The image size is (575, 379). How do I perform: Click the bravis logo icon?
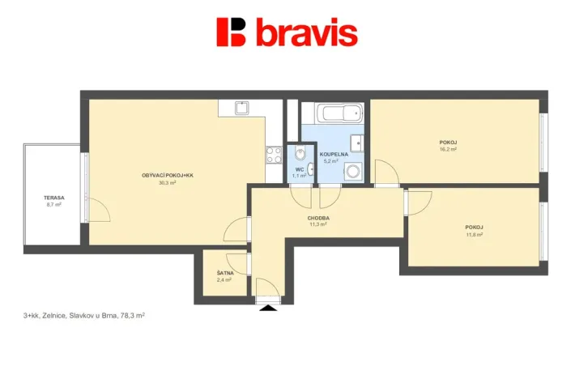[231, 32]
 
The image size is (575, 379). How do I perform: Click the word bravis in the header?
[306, 32]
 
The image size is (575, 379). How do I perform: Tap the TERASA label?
[54, 198]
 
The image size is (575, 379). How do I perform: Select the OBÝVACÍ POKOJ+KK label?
[168, 176]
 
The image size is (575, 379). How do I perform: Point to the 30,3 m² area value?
[168, 183]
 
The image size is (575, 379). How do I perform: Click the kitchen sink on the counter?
[241, 107]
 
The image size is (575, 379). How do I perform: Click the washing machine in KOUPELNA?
[353, 171]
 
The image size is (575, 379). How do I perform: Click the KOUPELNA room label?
[333, 154]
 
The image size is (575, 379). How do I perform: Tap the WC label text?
[299, 169]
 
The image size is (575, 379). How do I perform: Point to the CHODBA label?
[318, 218]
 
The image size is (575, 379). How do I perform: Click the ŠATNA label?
[225, 273]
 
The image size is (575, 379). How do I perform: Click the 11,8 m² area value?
[474, 235]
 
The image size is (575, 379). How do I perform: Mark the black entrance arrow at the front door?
[266, 306]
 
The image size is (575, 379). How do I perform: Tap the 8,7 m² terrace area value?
[54, 205]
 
